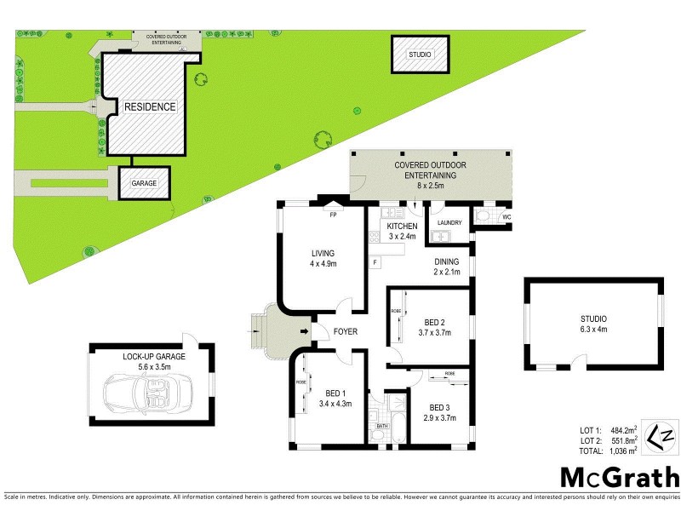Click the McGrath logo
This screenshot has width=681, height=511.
pyautogui.click(x=618, y=476)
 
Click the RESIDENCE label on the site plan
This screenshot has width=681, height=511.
pyautogui.click(x=150, y=107)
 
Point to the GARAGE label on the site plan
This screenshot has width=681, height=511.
pyautogui.click(x=144, y=183)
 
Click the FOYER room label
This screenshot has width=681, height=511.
pyautogui.click(x=345, y=331)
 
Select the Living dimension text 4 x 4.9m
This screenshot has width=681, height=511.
pyautogui.click(x=323, y=264)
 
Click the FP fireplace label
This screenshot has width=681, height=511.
pyautogui.click(x=334, y=215)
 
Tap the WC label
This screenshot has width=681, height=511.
pyautogui.click(x=506, y=218)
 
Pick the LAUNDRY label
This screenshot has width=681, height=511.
pyautogui.click(x=449, y=223)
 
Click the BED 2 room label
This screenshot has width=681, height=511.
pyautogui.click(x=434, y=322)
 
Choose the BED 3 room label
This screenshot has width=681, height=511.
pyautogui.click(x=438, y=407)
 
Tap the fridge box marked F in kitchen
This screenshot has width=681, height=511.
pyautogui.click(x=375, y=263)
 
